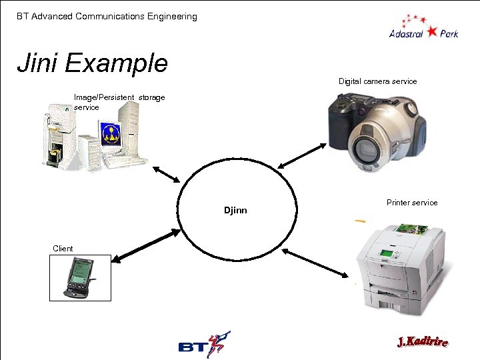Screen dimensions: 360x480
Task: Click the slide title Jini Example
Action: [92, 63]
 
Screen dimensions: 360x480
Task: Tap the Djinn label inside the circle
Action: [235, 210]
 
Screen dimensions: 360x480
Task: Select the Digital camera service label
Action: [377, 81]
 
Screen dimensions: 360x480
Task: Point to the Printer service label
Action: [412, 203]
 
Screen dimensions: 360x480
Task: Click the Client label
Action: [63, 249]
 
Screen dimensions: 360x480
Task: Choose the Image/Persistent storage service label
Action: [119, 102]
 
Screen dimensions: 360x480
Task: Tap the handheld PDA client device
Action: [79, 278]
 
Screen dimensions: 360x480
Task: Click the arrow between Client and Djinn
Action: [147, 245]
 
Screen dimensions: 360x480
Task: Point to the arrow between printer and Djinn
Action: [315, 264]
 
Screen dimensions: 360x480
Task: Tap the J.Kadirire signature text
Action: [422, 343]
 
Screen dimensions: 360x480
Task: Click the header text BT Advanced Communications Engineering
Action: [107, 16]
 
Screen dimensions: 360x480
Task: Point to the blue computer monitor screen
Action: [111, 133]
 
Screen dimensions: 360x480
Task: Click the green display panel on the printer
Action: [385, 253]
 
